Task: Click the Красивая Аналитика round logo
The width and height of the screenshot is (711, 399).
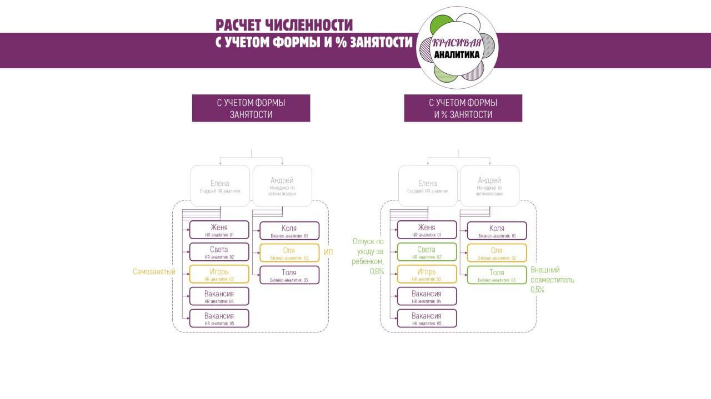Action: [457, 48]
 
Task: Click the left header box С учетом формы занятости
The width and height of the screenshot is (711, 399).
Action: [251, 108]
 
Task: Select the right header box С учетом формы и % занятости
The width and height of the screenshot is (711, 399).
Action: [463, 108]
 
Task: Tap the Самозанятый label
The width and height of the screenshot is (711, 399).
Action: [154, 272]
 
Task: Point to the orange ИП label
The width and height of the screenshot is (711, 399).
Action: [328, 252]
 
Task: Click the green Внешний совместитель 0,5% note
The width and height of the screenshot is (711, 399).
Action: [552, 280]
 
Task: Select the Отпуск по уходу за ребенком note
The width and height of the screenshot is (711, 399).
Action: [368, 256]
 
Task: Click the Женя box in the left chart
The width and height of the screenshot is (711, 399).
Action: [219, 230]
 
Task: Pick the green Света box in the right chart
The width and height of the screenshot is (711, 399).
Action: [427, 252]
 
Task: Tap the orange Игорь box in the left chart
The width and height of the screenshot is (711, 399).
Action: [219, 274]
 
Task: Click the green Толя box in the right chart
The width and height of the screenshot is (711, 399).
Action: [497, 275]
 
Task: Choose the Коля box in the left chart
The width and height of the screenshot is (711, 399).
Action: [289, 230]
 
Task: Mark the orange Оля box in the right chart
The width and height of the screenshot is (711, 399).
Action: [497, 252]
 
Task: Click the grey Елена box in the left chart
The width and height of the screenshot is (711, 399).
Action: [220, 186]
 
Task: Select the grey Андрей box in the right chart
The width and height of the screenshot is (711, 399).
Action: [489, 185]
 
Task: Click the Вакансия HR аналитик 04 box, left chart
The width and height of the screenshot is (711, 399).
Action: [219, 296]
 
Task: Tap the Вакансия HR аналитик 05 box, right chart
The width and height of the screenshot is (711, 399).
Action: [427, 319]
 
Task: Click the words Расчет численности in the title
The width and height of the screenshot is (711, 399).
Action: [284, 25]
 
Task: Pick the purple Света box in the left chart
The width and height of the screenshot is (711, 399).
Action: [219, 252]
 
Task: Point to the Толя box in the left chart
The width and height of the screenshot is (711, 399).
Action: [289, 275]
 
